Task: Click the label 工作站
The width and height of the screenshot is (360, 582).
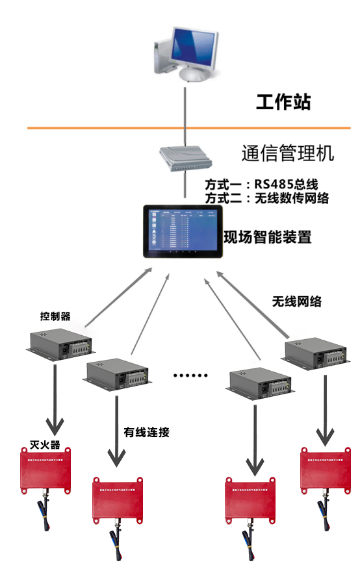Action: (x=283, y=102)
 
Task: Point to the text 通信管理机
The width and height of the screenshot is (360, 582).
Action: (x=287, y=154)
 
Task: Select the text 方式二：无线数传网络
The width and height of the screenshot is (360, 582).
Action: (x=266, y=199)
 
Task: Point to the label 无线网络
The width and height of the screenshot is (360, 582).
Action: (x=296, y=301)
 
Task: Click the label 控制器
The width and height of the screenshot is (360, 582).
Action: (x=55, y=317)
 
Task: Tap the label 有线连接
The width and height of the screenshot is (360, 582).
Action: (x=146, y=432)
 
